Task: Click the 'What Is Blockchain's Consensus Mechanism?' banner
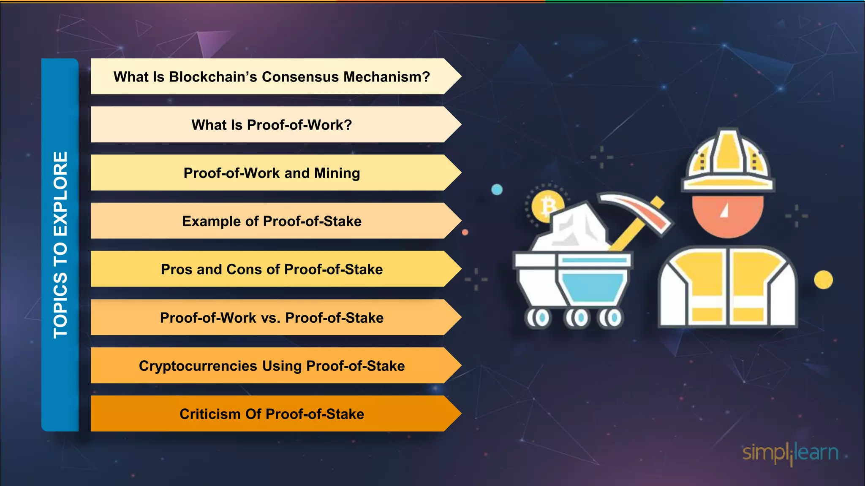click(272, 77)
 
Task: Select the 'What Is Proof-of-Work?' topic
click(272, 125)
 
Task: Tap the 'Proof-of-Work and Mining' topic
click(272, 173)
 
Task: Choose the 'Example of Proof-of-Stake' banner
click(272, 221)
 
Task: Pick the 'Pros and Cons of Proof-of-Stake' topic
click(272, 269)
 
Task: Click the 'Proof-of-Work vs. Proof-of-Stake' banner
click(272, 318)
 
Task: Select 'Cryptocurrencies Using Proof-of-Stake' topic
click(272, 366)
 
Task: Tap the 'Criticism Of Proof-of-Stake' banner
click(272, 414)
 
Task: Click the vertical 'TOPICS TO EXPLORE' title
click(60, 245)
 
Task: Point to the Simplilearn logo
click(790, 453)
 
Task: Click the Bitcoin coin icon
click(547, 206)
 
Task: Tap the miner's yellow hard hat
click(728, 162)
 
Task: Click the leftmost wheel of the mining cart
click(538, 318)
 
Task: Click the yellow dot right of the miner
click(823, 280)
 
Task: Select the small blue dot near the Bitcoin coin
click(497, 189)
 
